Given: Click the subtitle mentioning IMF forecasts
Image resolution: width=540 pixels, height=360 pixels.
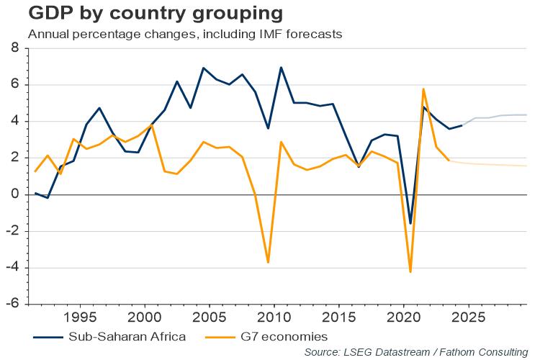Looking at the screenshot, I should tap(184, 33).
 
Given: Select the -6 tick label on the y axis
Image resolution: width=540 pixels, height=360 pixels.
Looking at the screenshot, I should tap(12, 304).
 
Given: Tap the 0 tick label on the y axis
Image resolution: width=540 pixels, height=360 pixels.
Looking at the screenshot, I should tap(14, 195).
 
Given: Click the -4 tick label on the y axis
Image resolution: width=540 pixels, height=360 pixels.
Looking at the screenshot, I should tap(12, 268).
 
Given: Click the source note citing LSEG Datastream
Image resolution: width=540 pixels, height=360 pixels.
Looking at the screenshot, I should tap(416, 351).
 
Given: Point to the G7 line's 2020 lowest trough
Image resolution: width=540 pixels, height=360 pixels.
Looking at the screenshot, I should tap(410, 271).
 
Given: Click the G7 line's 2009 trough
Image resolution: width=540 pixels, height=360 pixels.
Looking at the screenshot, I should tap(268, 262).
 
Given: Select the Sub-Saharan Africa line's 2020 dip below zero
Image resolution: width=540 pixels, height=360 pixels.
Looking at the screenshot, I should tap(410, 223).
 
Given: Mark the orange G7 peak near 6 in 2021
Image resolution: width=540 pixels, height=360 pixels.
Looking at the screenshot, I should tap(423, 89).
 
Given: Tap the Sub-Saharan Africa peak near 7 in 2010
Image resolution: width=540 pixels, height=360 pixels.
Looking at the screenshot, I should tap(281, 68).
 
